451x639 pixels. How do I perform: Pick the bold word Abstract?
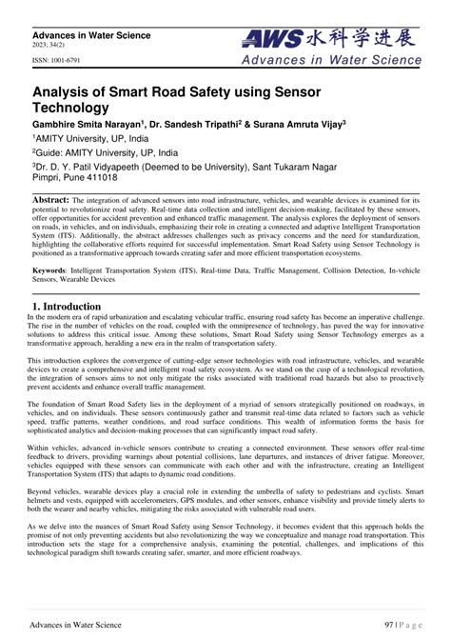(51, 201)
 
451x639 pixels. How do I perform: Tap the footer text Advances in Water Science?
(75, 625)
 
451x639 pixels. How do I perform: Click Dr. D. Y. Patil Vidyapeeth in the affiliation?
(95, 166)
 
